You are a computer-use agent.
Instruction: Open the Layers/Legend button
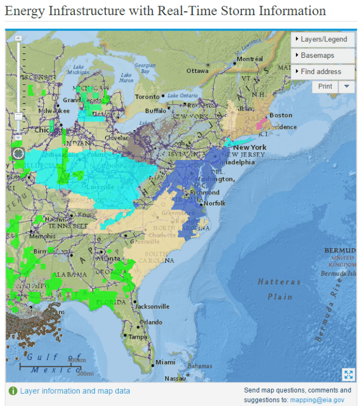(x=323, y=39)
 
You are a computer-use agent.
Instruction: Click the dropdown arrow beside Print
(x=346, y=86)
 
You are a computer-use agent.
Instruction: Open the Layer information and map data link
(x=75, y=391)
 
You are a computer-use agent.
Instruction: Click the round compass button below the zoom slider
(x=18, y=153)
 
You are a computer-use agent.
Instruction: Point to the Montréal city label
(x=250, y=59)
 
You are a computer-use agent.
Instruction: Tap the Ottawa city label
(x=197, y=71)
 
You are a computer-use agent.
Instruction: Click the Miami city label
(x=165, y=362)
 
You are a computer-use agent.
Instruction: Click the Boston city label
(x=281, y=115)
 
